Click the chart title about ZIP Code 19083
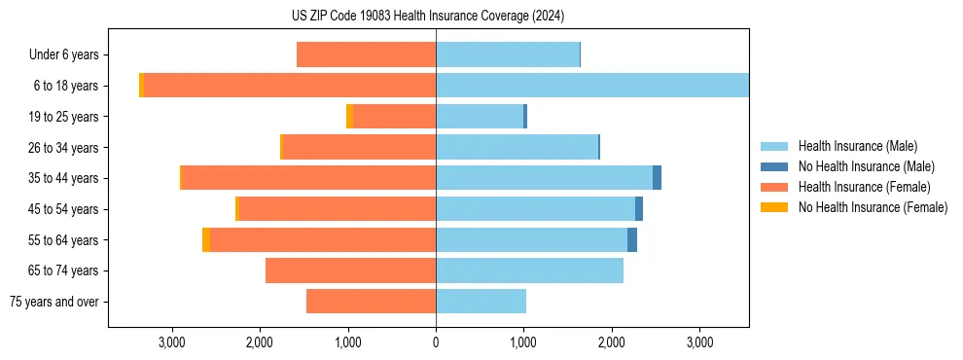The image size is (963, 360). pyautogui.click(x=427, y=16)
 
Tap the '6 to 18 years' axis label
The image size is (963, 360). pyautogui.click(x=66, y=86)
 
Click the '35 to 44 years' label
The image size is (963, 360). pyautogui.click(x=64, y=178)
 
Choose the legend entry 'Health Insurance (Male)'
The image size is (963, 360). pyautogui.click(x=857, y=146)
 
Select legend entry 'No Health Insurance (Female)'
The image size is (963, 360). pyautogui.click(x=873, y=207)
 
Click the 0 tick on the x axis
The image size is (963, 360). pyautogui.click(x=436, y=342)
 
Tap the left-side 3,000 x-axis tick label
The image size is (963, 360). pyautogui.click(x=172, y=342)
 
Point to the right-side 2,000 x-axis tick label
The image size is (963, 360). pyautogui.click(x=612, y=342)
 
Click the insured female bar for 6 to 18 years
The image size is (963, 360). pyautogui.click(x=289, y=86)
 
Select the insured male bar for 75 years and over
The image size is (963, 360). pyautogui.click(x=481, y=302)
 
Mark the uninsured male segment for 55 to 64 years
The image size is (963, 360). pyautogui.click(x=632, y=239)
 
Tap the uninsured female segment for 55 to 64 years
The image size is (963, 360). pyautogui.click(x=206, y=239)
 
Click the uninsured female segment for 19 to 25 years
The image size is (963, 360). pyautogui.click(x=350, y=117)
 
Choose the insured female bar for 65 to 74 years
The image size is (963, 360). pyautogui.click(x=350, y=270)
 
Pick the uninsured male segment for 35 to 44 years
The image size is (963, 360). pyautogui.click(x=657, y=178)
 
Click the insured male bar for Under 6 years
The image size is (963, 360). pyautogui.click(x=508, y=55)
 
